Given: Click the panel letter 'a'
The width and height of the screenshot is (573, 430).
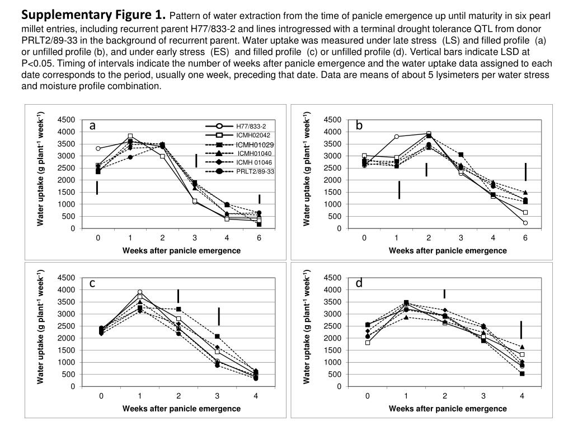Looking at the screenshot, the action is pos(92,125).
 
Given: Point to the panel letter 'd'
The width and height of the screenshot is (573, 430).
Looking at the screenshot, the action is pos(359,283).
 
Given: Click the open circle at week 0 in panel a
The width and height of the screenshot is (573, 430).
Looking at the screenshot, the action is pos(98,148).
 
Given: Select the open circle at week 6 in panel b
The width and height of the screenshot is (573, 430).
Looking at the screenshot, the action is pos(525,223).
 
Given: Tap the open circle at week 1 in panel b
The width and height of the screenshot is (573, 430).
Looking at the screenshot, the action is pos(397,137).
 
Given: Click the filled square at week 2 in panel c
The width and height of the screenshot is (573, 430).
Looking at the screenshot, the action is pos(179,309).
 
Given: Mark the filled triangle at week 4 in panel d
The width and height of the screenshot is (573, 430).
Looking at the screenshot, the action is pos(522,347).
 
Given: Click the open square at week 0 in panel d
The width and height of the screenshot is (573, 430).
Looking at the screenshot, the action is pos(368,343).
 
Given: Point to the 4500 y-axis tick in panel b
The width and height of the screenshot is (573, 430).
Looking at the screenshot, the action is pos(332,120).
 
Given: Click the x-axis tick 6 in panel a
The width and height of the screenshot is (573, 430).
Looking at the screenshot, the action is pos(259,238).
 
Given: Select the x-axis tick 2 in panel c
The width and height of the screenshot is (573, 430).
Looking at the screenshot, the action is pos(179,396).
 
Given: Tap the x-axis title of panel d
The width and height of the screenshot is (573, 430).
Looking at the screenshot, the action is pos(448,408).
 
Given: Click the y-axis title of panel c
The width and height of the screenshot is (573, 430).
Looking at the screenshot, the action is pos(40,326).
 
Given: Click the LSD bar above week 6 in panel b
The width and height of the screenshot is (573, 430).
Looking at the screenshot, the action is pos(525,172).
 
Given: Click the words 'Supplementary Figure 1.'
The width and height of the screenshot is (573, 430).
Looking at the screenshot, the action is pos(93,15).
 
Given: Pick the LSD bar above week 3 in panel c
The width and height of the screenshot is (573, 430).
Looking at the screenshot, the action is pos(219,316).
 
